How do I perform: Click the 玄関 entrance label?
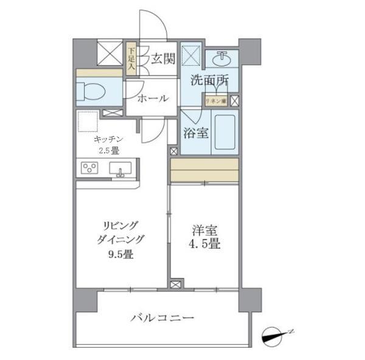coord(163,58)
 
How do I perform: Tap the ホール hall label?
coord(153,98)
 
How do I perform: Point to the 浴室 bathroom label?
coord(196,133)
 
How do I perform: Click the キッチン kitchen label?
coord(102,140)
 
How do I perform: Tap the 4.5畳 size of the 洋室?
coord(204,245)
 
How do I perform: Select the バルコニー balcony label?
coord(163,319)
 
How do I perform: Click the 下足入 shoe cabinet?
coord(131,58)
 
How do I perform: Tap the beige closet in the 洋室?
coord(204,170)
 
